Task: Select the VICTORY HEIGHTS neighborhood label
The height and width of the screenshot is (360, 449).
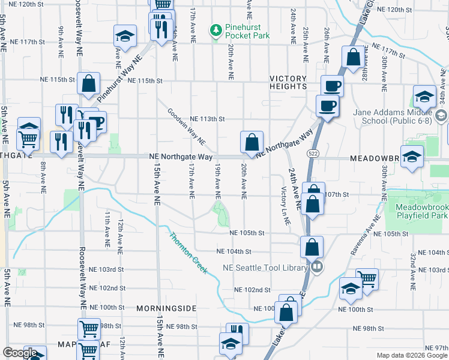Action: pyautogui.click(x=288, y=82)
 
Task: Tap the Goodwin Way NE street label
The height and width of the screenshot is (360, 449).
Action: pyautogui.click(x=186, y=127)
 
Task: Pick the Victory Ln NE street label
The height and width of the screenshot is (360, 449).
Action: pyautogui.click(x=285, y=206)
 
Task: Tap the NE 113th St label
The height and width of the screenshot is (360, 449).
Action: pyautogui.click(x=207, y=119)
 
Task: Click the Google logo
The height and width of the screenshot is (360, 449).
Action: pyautogui.click(x=20, y=353)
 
